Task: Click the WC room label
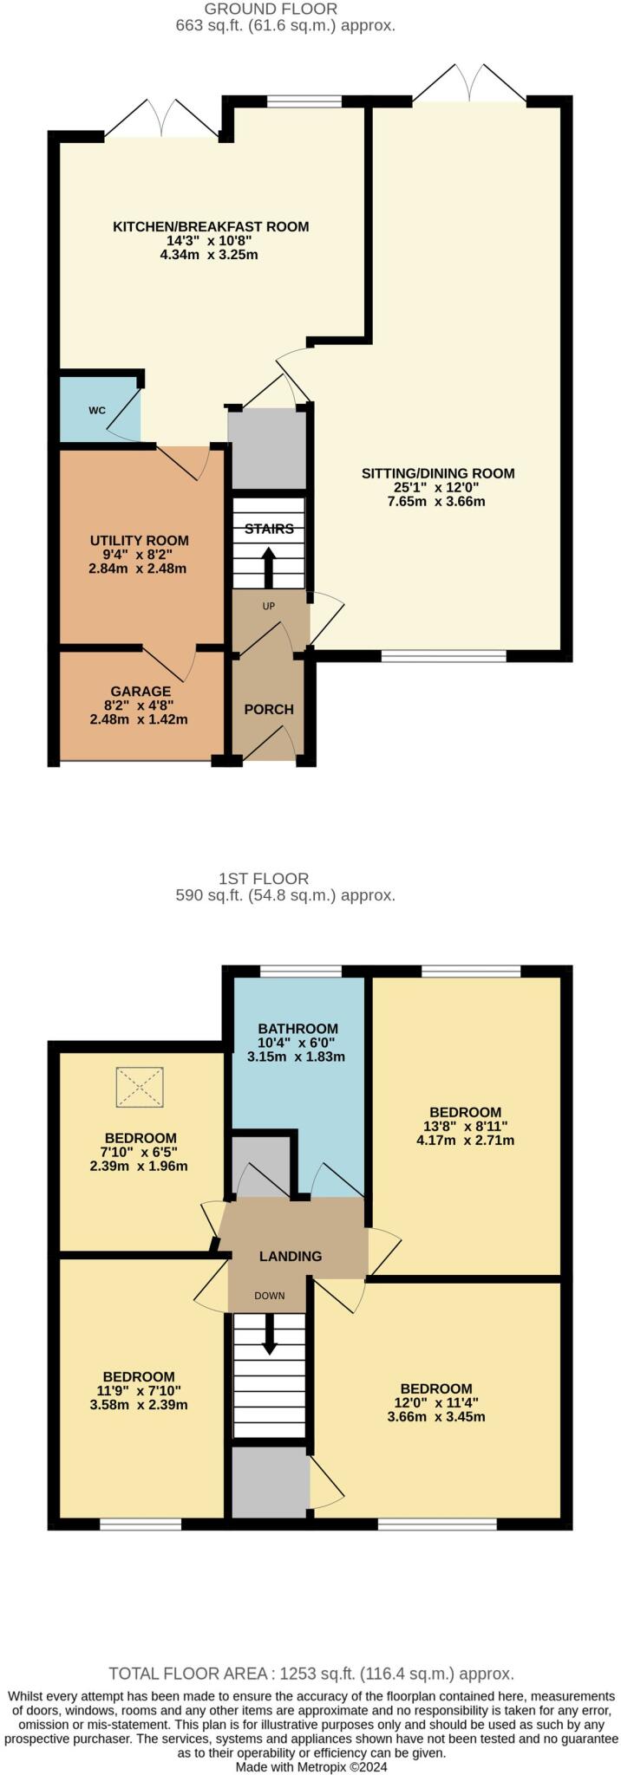[97, 410]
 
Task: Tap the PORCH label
[269, 709]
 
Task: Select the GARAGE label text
[139, 691]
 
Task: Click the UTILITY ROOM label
[139, 540]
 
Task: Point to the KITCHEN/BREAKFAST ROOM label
[211, 227]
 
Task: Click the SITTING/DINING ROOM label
[438, 473]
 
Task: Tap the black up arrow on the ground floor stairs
[268, 567]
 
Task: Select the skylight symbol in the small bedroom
[141, 1087]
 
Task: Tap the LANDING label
[290, 1256]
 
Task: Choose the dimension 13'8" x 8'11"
[465, 1126]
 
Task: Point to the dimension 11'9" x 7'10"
[139, 1391]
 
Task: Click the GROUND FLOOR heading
[271, 10]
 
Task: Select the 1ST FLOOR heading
[276, 879]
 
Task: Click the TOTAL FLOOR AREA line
[310, 1674]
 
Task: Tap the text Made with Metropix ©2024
[311, 1766]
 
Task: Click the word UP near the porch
[269, 606]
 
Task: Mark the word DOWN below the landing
[269, 1297]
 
